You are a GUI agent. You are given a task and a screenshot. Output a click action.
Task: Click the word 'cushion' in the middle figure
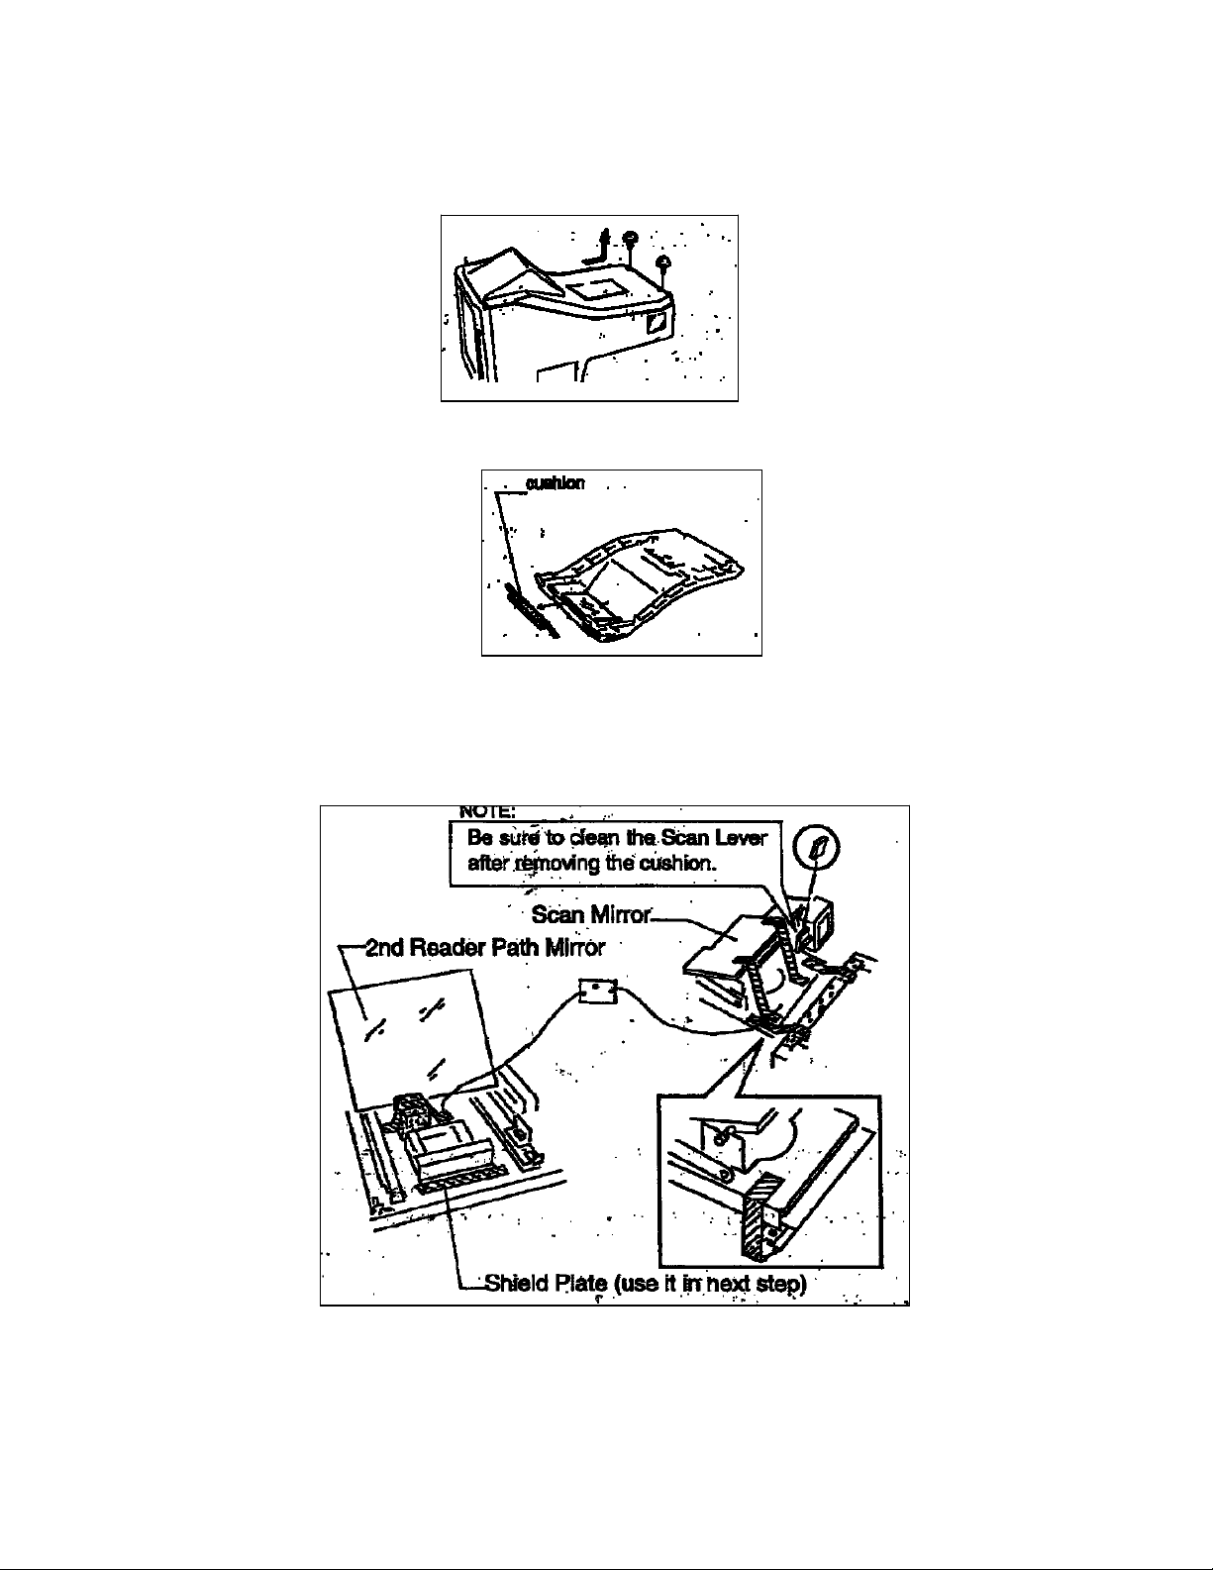[556, 483]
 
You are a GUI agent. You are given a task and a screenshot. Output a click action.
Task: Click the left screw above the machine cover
[631, 239]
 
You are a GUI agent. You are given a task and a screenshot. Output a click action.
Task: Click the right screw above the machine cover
[664, 262]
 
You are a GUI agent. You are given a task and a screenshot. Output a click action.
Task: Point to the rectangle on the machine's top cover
[591, 288]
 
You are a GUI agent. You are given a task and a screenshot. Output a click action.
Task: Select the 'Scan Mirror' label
[591, 913]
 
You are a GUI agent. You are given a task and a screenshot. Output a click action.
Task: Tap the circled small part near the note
[820, 849]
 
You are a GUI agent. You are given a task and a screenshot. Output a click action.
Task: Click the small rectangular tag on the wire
[597, 991]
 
